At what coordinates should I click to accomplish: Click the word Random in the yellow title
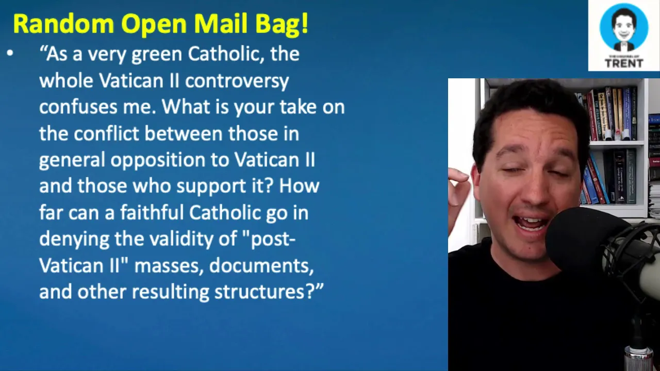tap(63, 24)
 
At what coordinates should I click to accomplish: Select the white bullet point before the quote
tap(10, 53)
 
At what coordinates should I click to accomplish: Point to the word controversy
tap(237, 81)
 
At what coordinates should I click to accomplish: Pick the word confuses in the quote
tap(78, 107)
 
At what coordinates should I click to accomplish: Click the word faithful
tap(152, 212)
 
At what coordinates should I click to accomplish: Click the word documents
tap(261, 266)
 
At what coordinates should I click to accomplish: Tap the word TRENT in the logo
tap(624, 63)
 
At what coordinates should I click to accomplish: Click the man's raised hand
tap(458, 185)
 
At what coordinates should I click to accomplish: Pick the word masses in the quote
tap(169, 266)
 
